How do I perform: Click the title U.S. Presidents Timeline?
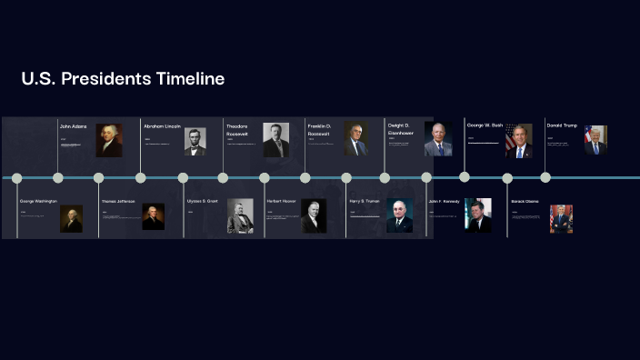[123, 79]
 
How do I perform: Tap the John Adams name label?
[73, 125]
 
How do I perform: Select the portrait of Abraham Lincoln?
[195, 140]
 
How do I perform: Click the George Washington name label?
[38, 201]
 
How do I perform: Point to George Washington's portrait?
[72, 218]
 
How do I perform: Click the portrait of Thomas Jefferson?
[153, 216]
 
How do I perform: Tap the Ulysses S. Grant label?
[202, 201]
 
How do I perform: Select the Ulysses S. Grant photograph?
[240, 215]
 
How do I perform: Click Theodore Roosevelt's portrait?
[275, 140]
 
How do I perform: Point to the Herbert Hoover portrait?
[314, 216]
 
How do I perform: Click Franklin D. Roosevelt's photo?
[356, 139]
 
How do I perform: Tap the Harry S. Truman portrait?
[399, 215]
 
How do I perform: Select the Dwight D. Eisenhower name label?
[400, 128]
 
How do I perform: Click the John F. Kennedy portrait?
[478, 215]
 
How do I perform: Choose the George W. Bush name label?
[485, 125]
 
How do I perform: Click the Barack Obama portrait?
[561, 218]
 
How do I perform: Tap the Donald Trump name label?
[561, 125]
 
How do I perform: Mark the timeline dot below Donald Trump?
[545, 177]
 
